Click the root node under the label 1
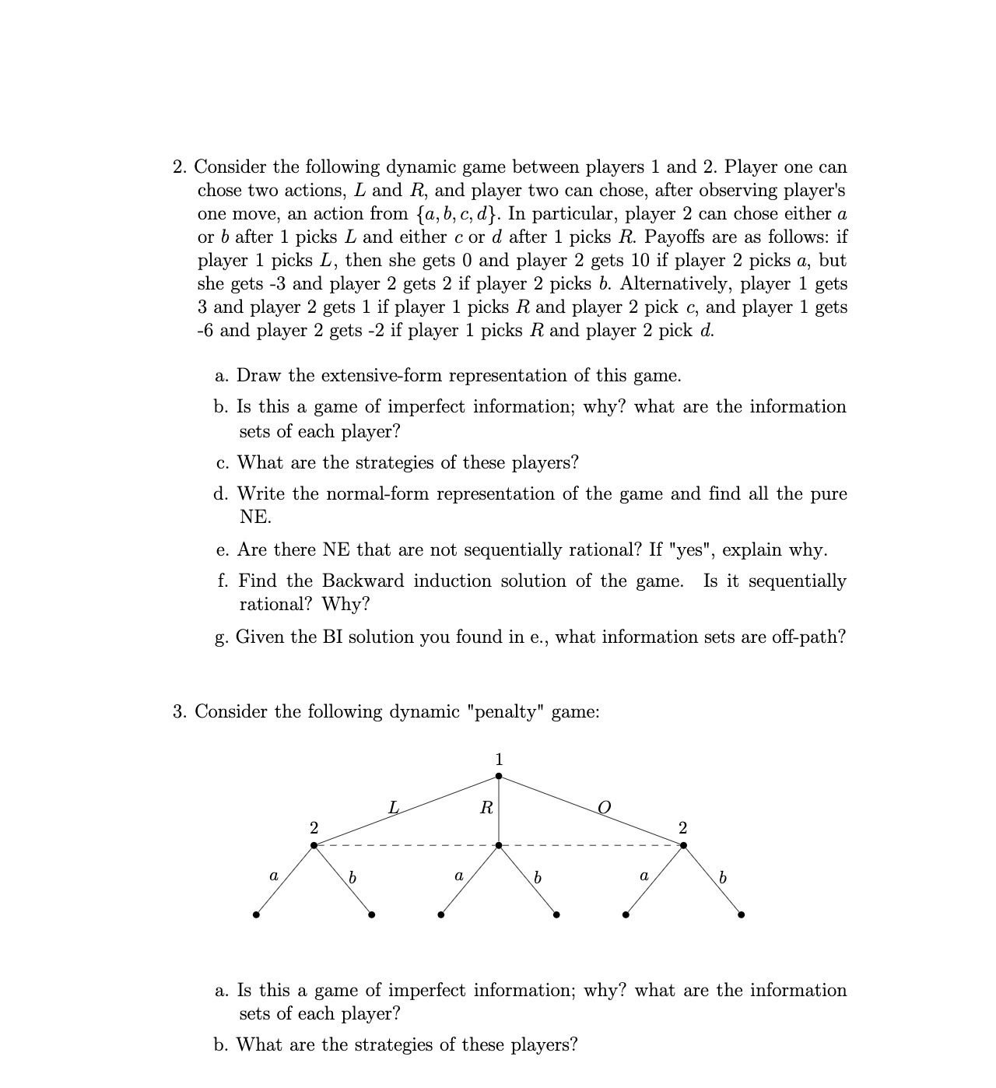499,776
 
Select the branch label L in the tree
394,808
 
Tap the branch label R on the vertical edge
486,808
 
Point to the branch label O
603,808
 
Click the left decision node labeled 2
314,845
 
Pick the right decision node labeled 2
683,845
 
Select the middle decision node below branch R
499,845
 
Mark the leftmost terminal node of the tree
256,914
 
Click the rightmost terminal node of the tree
741,914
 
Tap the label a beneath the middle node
458,876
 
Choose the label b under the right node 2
723,877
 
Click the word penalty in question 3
510,712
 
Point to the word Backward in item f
363,581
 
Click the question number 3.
179,712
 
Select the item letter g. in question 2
222,638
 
